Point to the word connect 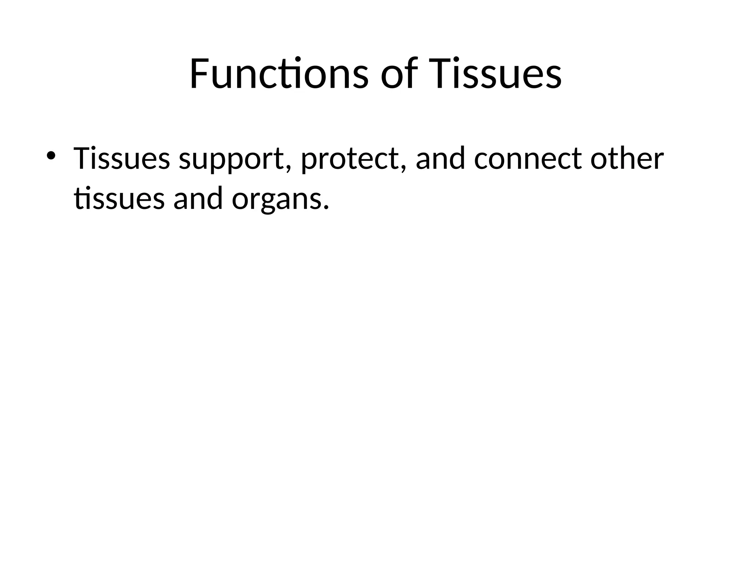528,159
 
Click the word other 627,159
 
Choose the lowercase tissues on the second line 119,199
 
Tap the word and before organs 198,199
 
